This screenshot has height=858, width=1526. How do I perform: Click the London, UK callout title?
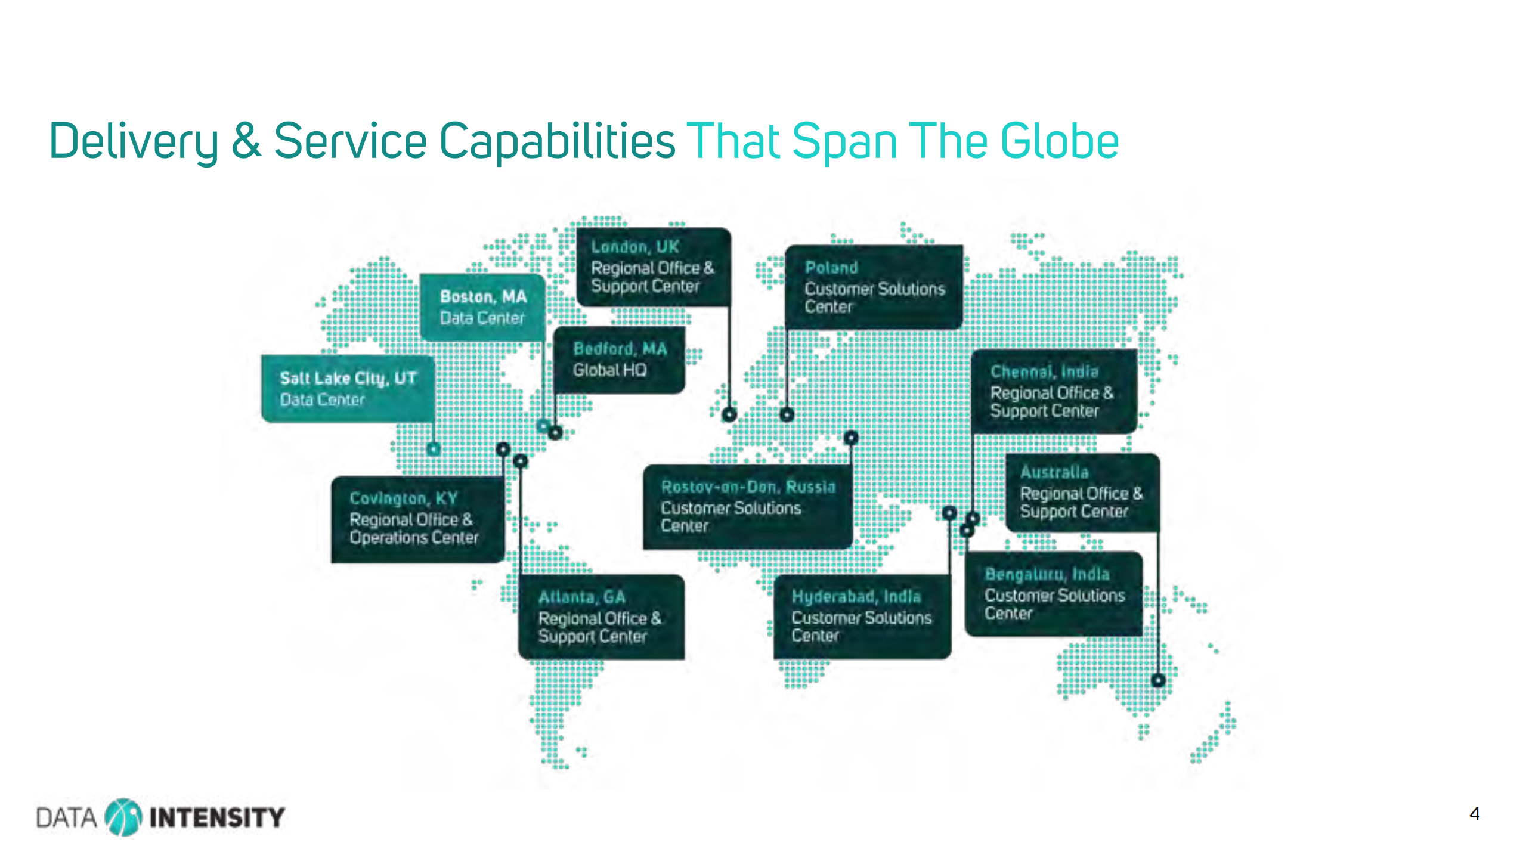[x=634, y=247]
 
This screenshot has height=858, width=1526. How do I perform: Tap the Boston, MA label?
[x=483, y=297]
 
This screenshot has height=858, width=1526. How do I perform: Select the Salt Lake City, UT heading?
[x=348, y=379]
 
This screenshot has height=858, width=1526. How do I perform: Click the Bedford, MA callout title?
[x=620, y=349]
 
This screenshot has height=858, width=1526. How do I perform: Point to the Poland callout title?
[x=831, y=268]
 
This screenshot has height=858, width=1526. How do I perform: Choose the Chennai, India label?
[x=1044, y=371]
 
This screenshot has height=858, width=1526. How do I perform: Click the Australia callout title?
[x=1054, y=472]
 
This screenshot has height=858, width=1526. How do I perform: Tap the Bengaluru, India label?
[x=1047, y=574]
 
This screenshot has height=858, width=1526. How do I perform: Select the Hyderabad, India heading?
[x=856, y=597]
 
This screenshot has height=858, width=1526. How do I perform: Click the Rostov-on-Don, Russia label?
[x=748, y=487]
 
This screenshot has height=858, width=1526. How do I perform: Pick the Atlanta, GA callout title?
[x=581, y=597]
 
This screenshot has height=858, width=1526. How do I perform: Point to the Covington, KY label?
[x=403, y=498]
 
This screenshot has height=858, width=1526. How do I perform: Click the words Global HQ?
[x=609, y=370]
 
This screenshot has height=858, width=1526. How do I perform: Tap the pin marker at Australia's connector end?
[x=1158, y=680]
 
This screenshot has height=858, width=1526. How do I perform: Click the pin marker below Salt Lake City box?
[x=434, y=448]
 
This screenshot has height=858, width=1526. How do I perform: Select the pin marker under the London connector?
[x=729, y=414]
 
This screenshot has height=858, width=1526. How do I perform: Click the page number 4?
[x=1474, y=814]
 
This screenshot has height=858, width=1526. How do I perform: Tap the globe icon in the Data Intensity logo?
[x=123, y=817]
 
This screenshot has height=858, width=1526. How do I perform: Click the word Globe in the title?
[x=1059, y=141]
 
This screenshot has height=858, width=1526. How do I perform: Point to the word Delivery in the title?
[x=134, y=142]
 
